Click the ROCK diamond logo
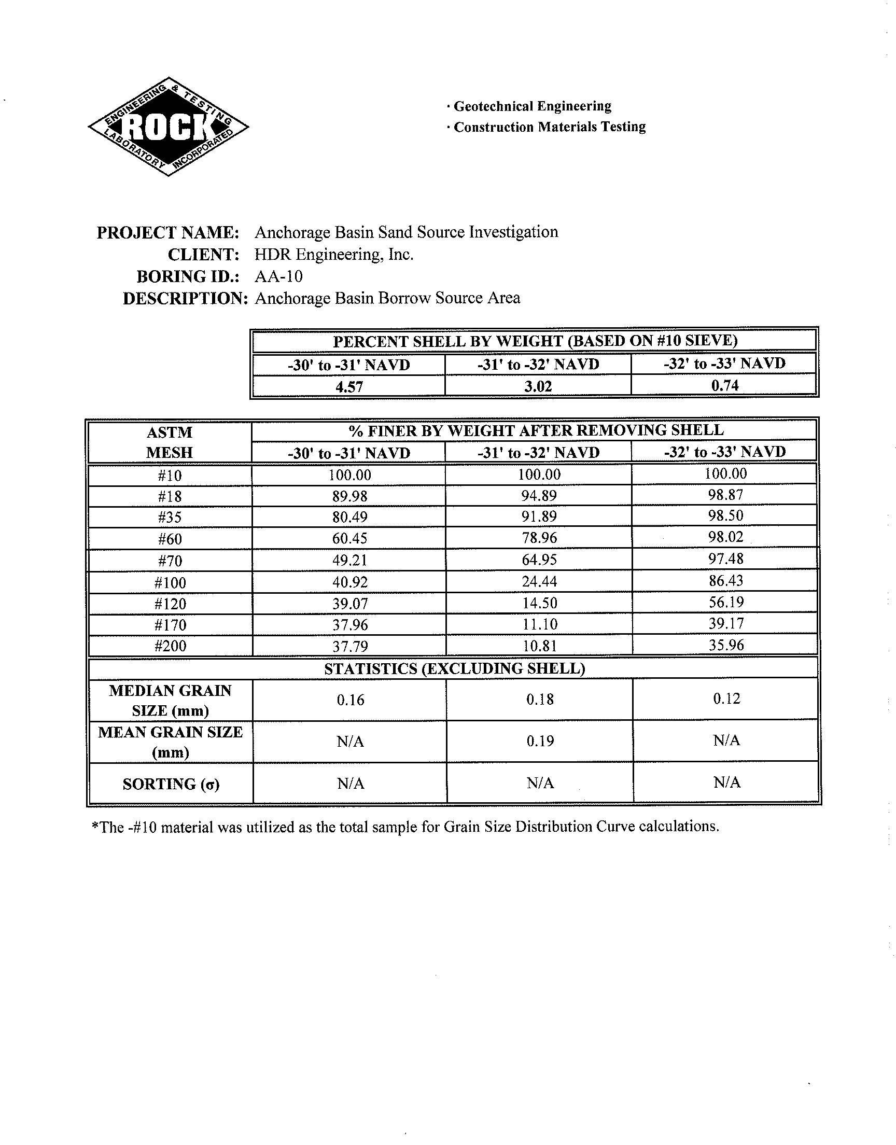[x=169, y=127]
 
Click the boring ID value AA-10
[x=278, y=276]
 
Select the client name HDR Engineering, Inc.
[x=334, y=255]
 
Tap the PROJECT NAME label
[x=168, y=232]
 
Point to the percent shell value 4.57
[x=349, y=387]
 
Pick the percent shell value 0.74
[x=725, y=385]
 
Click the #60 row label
[x=170, y=539]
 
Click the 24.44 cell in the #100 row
[x=539, y=581]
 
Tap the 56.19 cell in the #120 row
[x=726, y=602]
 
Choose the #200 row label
[x=170, y=646]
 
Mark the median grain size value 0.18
[x=540, y=699]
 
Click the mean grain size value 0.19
[x=540, y=741]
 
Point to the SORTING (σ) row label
[x=171, y=784]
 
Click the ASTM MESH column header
[x=170, y=442]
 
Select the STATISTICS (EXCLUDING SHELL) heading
[x=454, y=669]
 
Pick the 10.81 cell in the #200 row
[x=540, y=646]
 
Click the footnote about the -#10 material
[x=405, y=827]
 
